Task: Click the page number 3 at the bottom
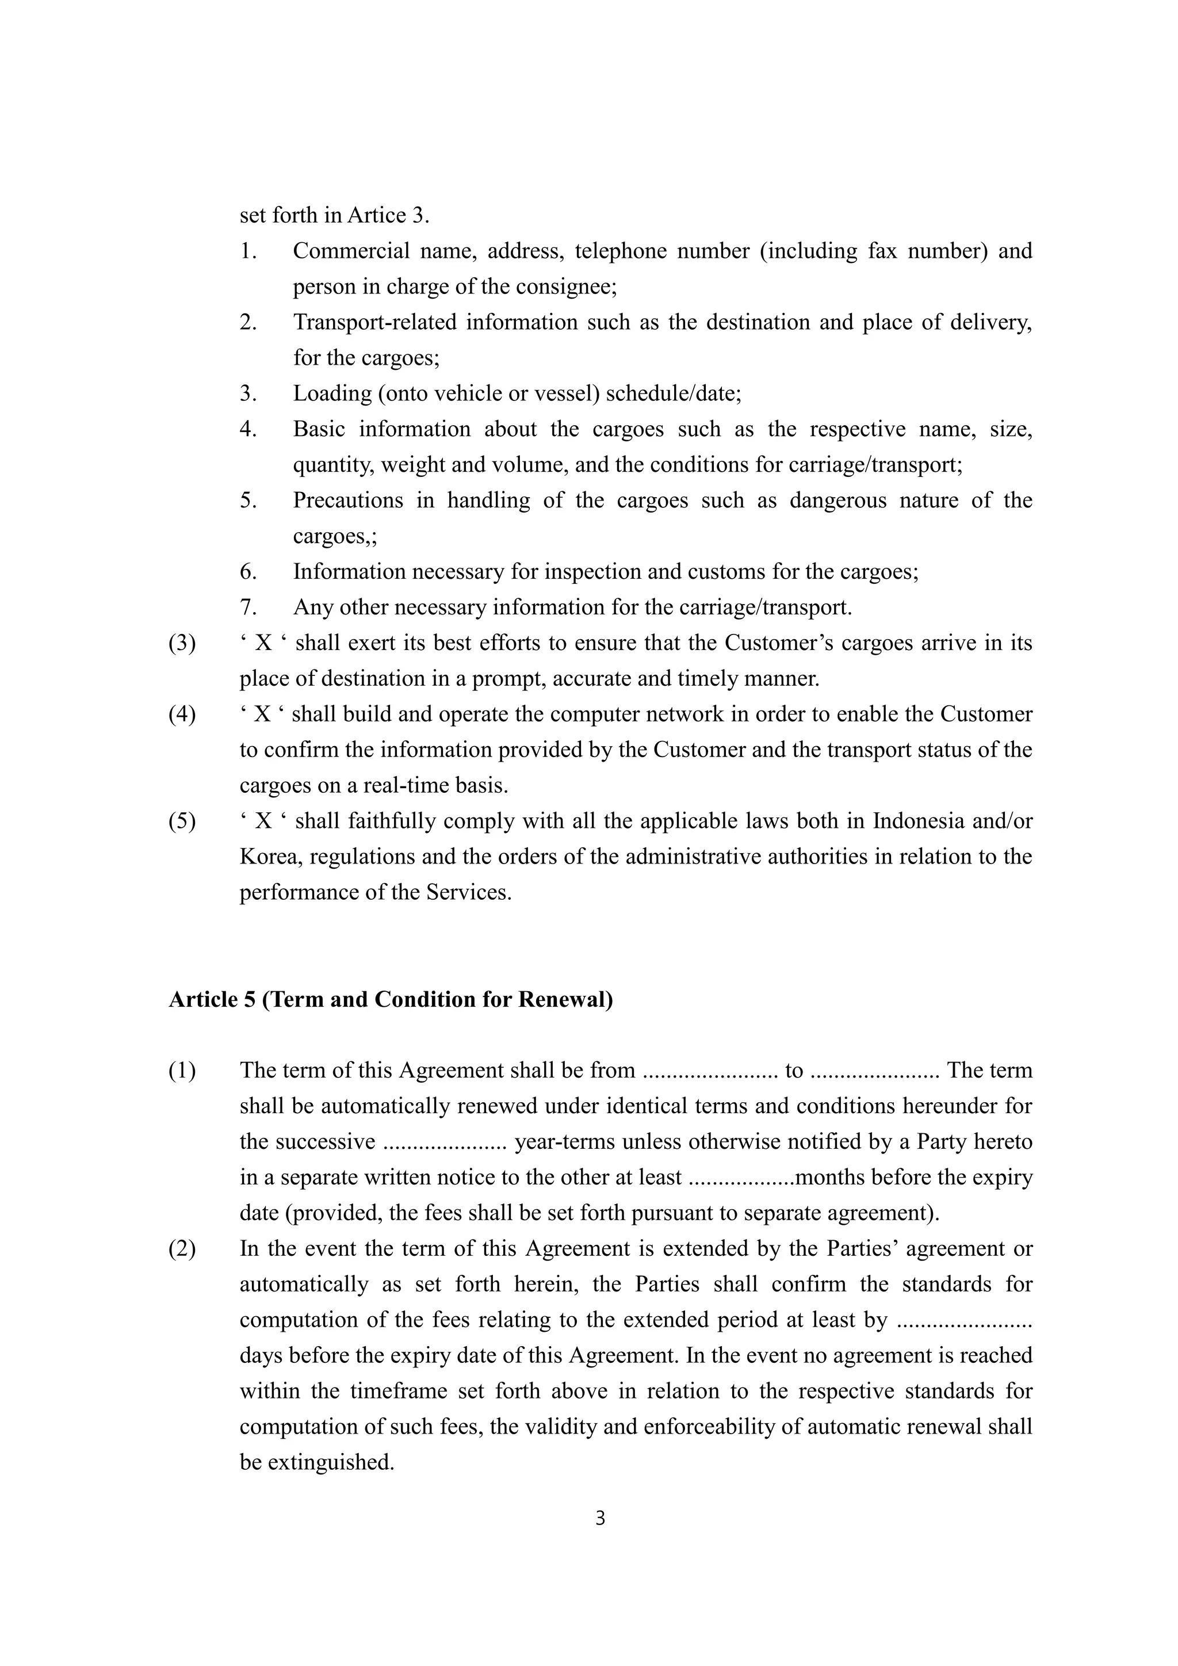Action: pos(600,1518)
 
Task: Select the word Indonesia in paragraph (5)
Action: pos(919,821)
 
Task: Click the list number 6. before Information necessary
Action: pos(249,572)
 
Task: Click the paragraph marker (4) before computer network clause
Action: pos(182,714)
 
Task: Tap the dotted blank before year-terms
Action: pos(444,1142)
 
